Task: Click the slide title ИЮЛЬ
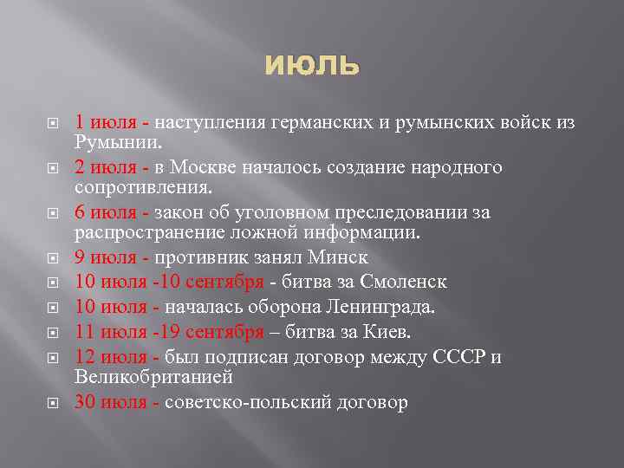tap(311, 65)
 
